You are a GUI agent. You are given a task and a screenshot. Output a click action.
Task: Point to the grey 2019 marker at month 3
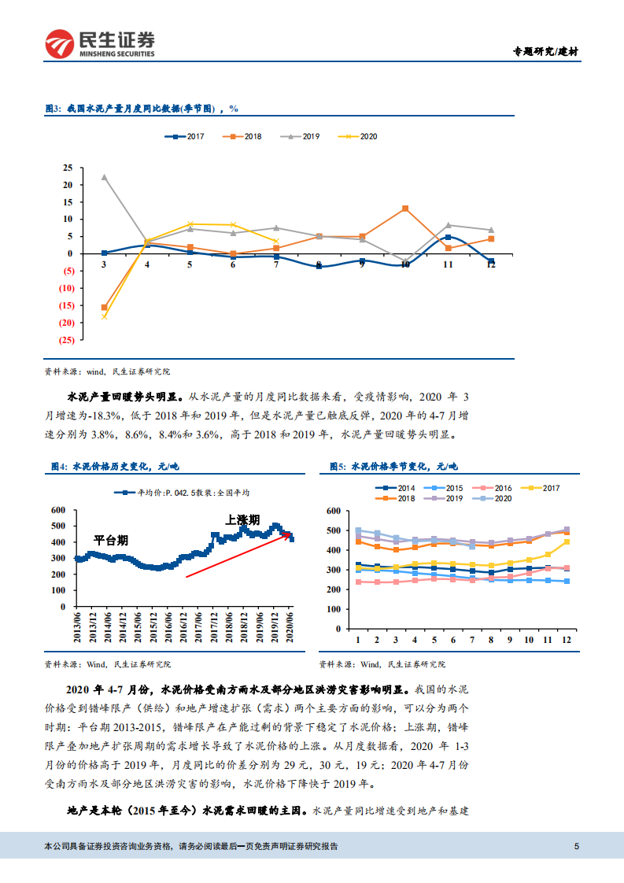[x=105, y=177]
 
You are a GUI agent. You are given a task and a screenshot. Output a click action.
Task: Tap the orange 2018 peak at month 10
[x=405, y=209]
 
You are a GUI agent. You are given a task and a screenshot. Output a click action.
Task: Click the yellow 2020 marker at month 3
[x=105, y=316]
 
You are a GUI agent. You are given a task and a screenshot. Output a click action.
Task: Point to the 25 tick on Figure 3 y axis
[x=68, y=168]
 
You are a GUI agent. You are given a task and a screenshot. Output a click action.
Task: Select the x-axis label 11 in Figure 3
[x=448, y=265]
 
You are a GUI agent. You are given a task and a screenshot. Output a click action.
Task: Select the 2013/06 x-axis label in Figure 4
[x=78, y=628]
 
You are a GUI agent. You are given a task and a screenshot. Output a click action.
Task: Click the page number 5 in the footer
[x=577, y=847]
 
